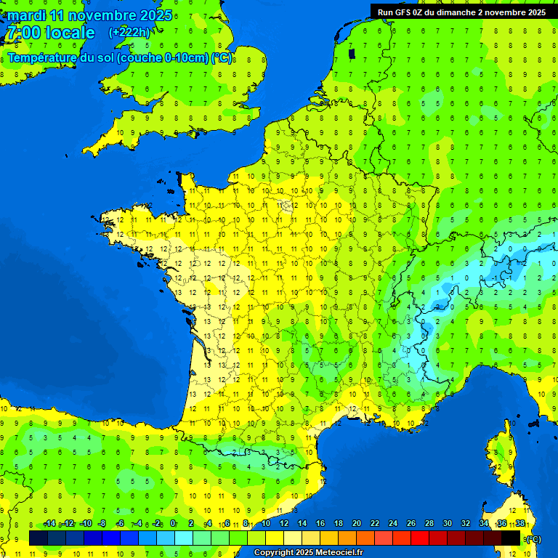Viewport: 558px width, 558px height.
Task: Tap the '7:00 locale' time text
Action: (x=51, y=33)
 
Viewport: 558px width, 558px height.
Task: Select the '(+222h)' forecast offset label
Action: (x=129, y=32)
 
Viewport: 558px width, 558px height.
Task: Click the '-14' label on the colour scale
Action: (x=49, y=524)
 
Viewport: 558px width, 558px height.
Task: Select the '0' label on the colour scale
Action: (x=173, y=524)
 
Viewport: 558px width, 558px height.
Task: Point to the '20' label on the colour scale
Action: (x=356, y=524)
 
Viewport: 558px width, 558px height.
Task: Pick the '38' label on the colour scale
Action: (x=520, y=524)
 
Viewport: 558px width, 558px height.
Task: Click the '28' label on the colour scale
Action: (x=429, y=524)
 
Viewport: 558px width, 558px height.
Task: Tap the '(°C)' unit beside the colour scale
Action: (x=533, y=538)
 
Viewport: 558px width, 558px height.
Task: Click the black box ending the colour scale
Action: (x=511, y=538)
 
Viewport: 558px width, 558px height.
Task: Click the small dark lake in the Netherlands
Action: (x=352, y=53)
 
